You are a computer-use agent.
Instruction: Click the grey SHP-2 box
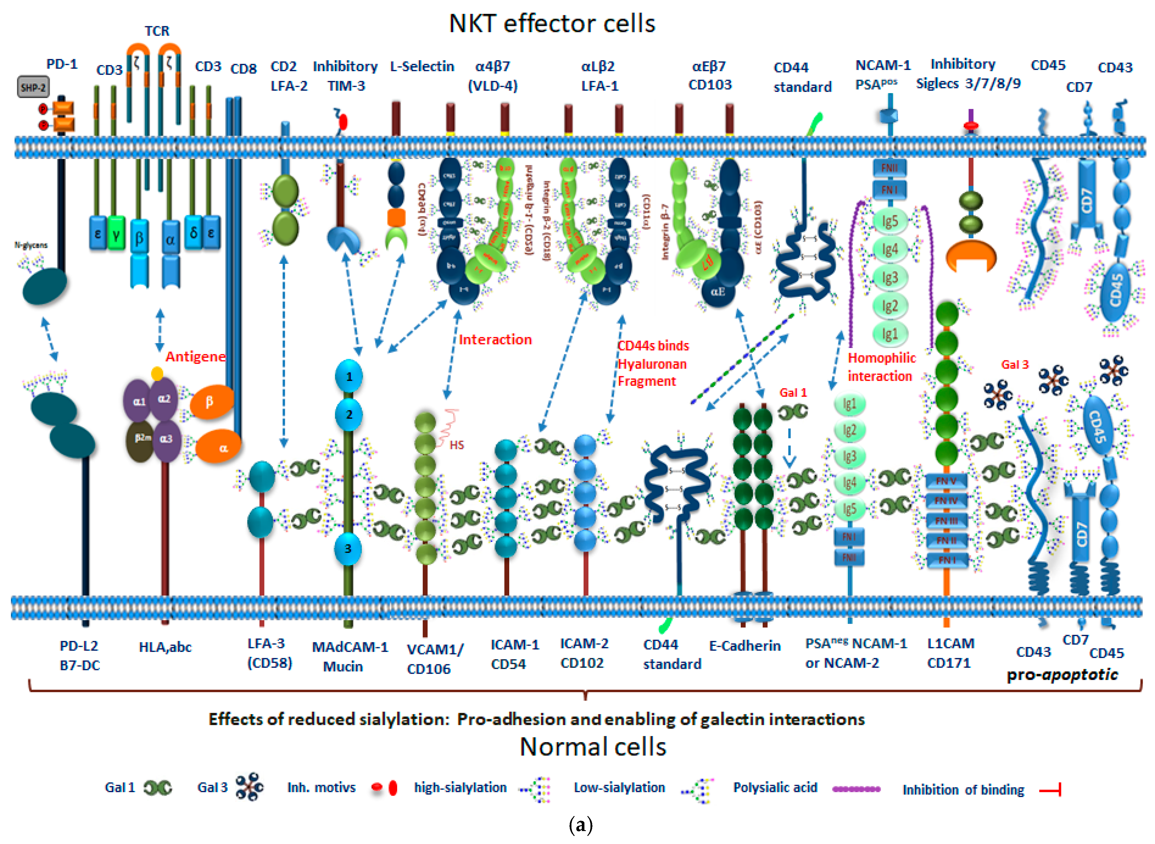pyautogui.click(x=33, y=87)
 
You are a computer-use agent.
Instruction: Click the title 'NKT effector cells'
pyautogui.click(x=552, y=24)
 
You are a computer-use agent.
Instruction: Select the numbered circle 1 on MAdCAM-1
pyautogui.click(x=349, y=376)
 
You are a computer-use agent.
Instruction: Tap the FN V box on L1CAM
pyautogui.click(x=946, y=481)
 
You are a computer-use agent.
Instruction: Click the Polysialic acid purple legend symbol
pyautogui.click(x=856, y=789)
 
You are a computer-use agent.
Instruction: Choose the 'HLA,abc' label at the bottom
pyautogui.click(x=165, y=647)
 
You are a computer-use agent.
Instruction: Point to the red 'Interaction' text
pyautogui.click(x=495, y=340)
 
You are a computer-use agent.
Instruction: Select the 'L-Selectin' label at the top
pyautogui.click(x=422, y=67)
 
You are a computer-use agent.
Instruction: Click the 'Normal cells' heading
pyautogui.click(x=592, y=747)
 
